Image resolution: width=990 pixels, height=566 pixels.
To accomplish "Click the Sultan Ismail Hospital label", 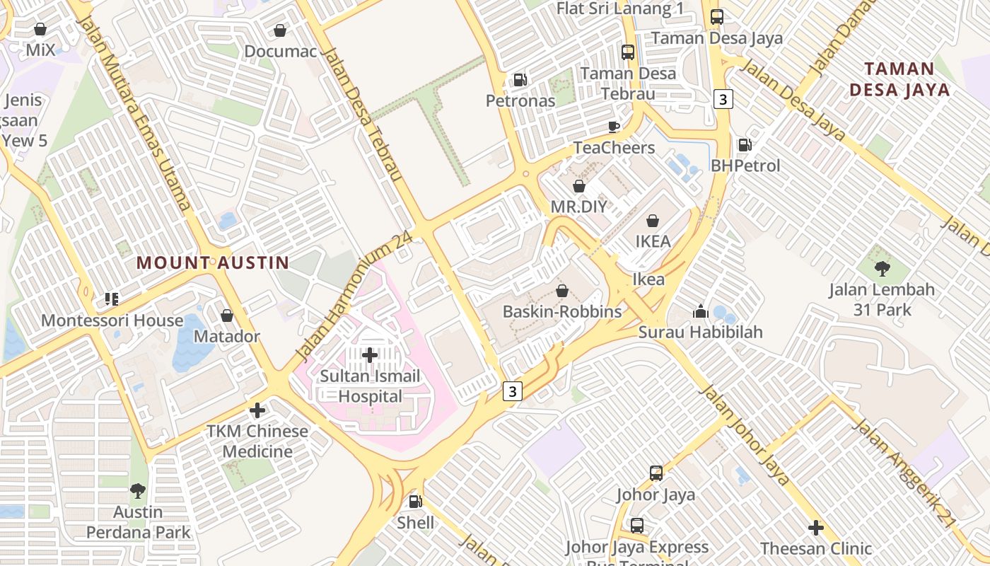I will tap(370, 386).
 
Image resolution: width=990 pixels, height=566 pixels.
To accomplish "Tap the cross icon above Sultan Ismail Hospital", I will tap(370, 354).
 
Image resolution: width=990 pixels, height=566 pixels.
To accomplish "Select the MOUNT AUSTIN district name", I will tap(213, 263).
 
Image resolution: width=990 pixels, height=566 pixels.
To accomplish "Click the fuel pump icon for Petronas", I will tap(520, 80).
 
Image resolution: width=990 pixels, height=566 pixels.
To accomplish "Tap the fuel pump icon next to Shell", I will tap(416, 502).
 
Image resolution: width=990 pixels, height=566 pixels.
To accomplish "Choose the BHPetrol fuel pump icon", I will tap(745, 145).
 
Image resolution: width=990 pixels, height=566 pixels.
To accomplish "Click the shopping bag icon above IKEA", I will tap(653, 221).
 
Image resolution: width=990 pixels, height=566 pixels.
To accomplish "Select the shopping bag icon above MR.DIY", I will tap(579, 186).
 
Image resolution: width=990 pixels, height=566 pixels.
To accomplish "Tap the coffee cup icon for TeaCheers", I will tap(614, 127).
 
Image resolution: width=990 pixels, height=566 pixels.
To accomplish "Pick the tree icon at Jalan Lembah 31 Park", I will tap(882, 268).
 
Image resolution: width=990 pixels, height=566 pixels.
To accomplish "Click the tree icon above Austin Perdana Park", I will tap(138, 490).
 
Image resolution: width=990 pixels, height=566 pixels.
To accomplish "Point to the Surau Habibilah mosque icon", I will tap(701, 311).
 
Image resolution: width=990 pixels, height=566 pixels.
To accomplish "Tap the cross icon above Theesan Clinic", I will tap(816, 528).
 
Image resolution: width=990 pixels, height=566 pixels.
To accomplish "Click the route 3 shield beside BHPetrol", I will tap(722, 100).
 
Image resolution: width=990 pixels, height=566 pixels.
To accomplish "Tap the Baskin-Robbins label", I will tap(562, 311).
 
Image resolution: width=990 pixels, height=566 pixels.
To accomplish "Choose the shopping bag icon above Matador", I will tap(227, 316).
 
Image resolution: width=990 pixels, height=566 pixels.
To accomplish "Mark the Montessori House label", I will tap(112, 320).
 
